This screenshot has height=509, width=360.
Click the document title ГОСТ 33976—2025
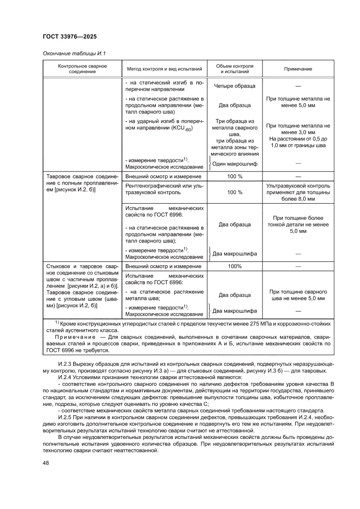point(70,37)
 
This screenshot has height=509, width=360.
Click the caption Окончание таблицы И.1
point(74,54)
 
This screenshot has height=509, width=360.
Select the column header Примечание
point(298,69)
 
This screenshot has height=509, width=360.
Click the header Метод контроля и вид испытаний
point(164,69)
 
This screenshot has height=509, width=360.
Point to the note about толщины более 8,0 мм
point(298,192)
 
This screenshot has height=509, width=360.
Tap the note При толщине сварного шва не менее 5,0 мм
point(298,295)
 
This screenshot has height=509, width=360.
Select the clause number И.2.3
point(65,364)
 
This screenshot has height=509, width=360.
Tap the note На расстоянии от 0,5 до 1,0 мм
point(298,142)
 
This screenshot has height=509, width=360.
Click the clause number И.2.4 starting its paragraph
point(65,377)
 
